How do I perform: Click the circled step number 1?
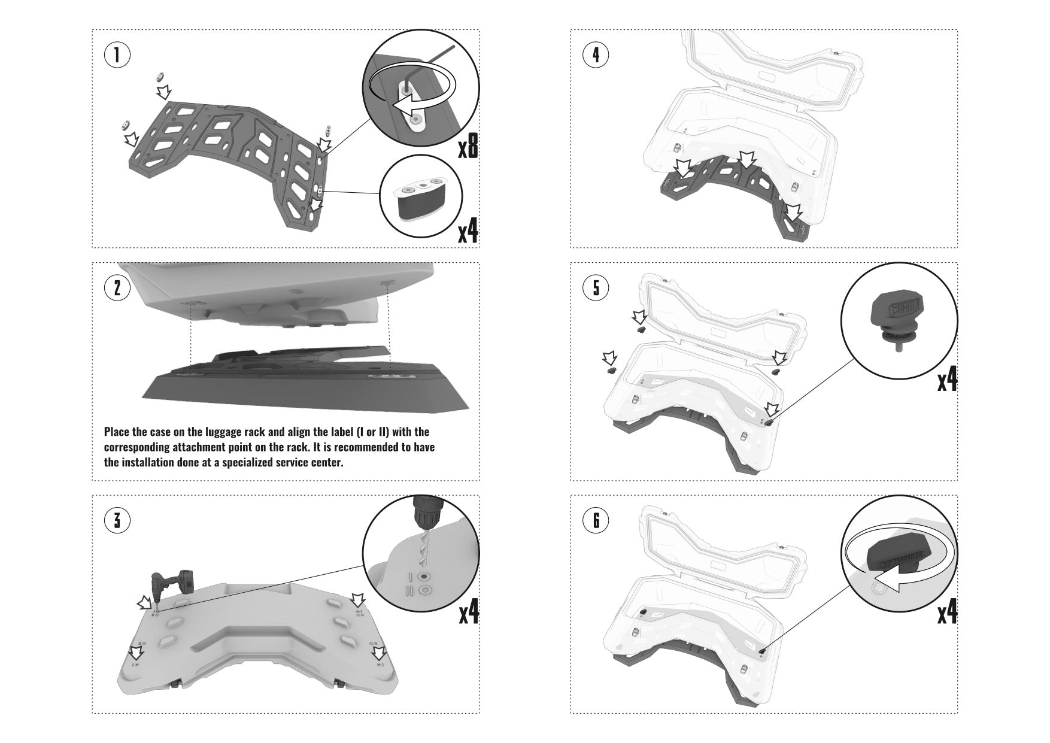pos(117,55)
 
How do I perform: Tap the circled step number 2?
pos(117,288)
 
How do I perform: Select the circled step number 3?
pos(117,520)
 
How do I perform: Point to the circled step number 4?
pos(596,55)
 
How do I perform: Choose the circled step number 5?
pos(596,288)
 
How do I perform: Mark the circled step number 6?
pos(596,520)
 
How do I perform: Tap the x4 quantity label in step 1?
pos(468,233)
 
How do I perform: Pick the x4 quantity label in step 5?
pos(947,381)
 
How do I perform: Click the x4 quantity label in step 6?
pos(947,614)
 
